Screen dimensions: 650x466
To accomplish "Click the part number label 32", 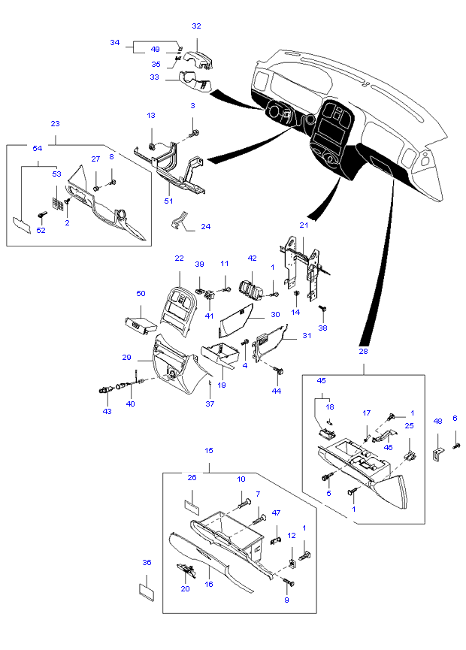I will (x=196, y=26).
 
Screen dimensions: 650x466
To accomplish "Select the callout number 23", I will (x=56, y=123).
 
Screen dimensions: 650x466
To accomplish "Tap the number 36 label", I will (x=147, y=562).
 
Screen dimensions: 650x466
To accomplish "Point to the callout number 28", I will (x=363, y=351).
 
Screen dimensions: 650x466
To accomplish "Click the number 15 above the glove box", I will (x=209, y=450).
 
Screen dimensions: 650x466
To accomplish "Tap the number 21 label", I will (x=304, y=225).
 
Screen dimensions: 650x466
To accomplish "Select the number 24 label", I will (x=205, y=226).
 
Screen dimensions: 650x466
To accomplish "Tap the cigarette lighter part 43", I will (x=105, y=389).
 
